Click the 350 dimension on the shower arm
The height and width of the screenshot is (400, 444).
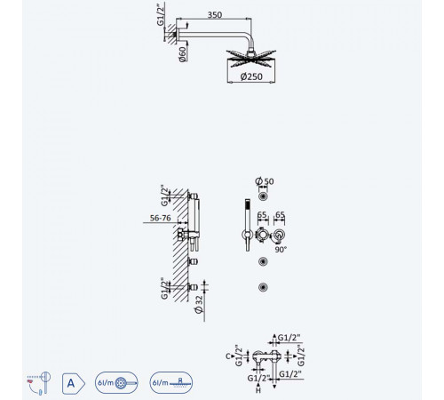click(x=215, y=14)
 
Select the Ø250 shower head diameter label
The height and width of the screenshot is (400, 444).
click(x=251, y=76)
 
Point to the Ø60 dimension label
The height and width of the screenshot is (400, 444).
click(x=183, y=54)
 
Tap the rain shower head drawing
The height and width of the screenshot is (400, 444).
click(x=251, y=58)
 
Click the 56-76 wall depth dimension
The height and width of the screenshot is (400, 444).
click(x=160, y=218)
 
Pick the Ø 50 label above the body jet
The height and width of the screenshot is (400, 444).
click(x=265, y=181)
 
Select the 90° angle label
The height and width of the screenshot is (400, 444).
click(x=281, y=250)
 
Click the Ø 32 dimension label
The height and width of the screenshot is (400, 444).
click(x=199, y=304)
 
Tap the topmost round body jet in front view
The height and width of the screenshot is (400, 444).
click(x=263, y=196)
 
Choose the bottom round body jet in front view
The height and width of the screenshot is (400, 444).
click(x=263, y=287)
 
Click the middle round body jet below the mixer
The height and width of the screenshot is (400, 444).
click(x=263, y=261)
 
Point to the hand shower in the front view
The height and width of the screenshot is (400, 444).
click(x=248, y=225)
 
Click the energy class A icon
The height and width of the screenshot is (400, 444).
click(x=73, y=383)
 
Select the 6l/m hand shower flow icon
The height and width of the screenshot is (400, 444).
click(x=116, y=383)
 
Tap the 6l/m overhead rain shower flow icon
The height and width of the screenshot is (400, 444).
click(x=171, y=383)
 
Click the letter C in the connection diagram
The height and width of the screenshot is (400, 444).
click(x=228, y=356)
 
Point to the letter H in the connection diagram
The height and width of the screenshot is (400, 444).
click(x=258, y=390)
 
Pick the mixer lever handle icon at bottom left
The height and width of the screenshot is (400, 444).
click(x=39, y=383)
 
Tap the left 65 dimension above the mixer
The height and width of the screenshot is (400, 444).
click(x=262, y=214)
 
